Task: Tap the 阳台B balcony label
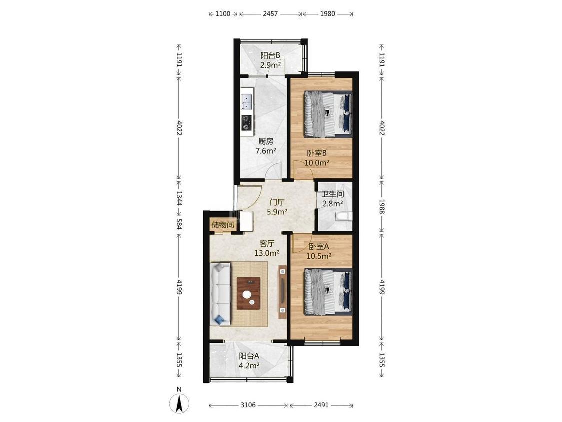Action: tap(270, 55)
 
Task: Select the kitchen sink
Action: tap(247, 101)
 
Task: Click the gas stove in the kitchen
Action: tap(247, 122)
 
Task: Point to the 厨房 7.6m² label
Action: tap(266, 146)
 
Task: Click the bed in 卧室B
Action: tap(328, 114)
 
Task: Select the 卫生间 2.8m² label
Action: tap(332, 199)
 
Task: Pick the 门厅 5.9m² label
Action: tap(277, 207)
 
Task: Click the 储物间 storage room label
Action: tap(223, 225)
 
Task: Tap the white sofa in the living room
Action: tap(220, 295)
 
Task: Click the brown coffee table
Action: tap(249, 293)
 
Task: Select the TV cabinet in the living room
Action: tap(283, 292)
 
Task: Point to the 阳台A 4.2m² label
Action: tap(249, 361)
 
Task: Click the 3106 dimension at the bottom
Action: tap(248, 405)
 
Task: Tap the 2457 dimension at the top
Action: tap(270, 14)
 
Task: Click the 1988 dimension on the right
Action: tap(381, 207)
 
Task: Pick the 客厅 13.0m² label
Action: tap(267, 248)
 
